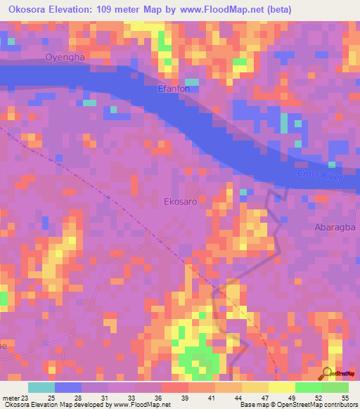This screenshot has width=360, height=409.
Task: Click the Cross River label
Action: [319, 175]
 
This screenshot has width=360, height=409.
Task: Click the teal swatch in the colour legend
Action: [41, 387]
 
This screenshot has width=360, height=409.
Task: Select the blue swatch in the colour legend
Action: [68, 387]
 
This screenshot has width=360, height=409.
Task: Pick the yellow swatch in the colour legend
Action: [281, 387]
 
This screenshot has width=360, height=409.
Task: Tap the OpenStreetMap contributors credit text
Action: [316, 405]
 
